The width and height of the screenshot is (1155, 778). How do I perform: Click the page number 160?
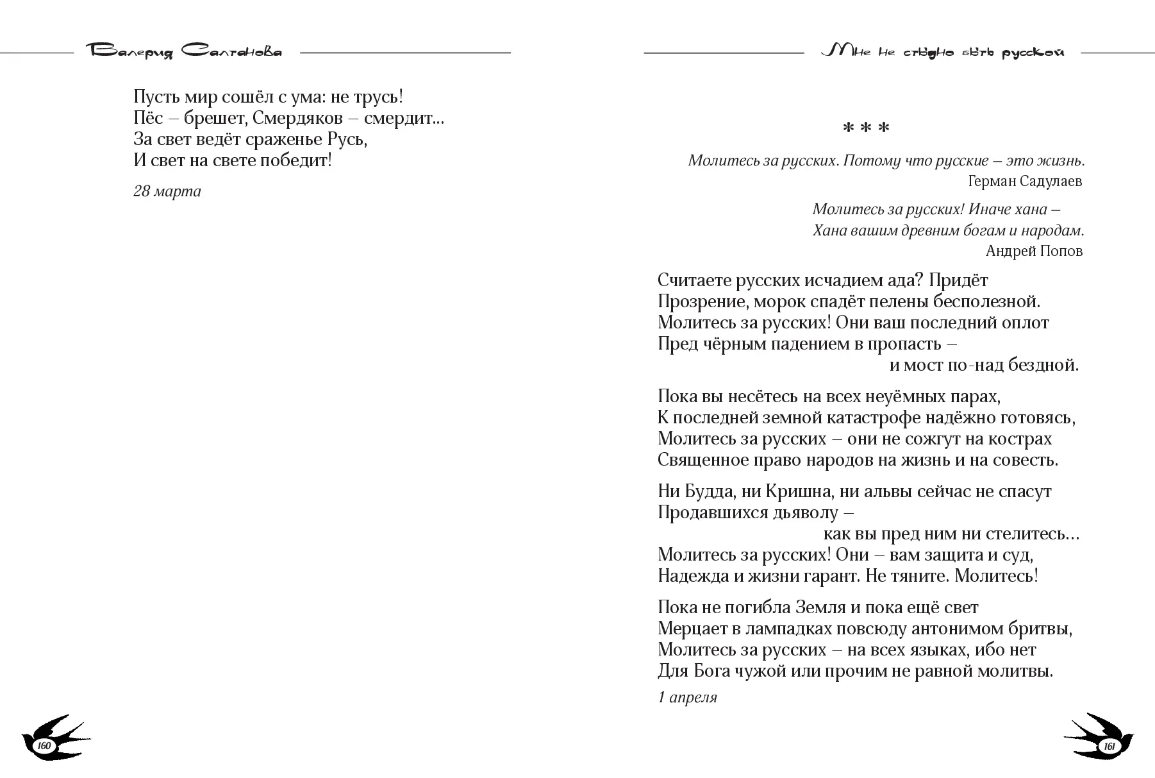pyautogui.click(x=44, y=746)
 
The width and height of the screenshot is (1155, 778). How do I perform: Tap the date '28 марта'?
pyautogui.click(x=167, y=191)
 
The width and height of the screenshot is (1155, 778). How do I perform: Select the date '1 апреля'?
pyautogui.click(x=687, y=697)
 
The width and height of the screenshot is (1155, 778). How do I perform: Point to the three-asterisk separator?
pyautogui.click(x=866, y=128)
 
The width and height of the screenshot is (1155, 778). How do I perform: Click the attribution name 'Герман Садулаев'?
pyautogui.click(x=1025, y=182)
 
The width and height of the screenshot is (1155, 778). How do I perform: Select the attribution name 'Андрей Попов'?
pyautogui.click(x=1034, y=251)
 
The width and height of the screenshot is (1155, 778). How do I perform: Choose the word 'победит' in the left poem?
pyautogui.click(x=296, y=160)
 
